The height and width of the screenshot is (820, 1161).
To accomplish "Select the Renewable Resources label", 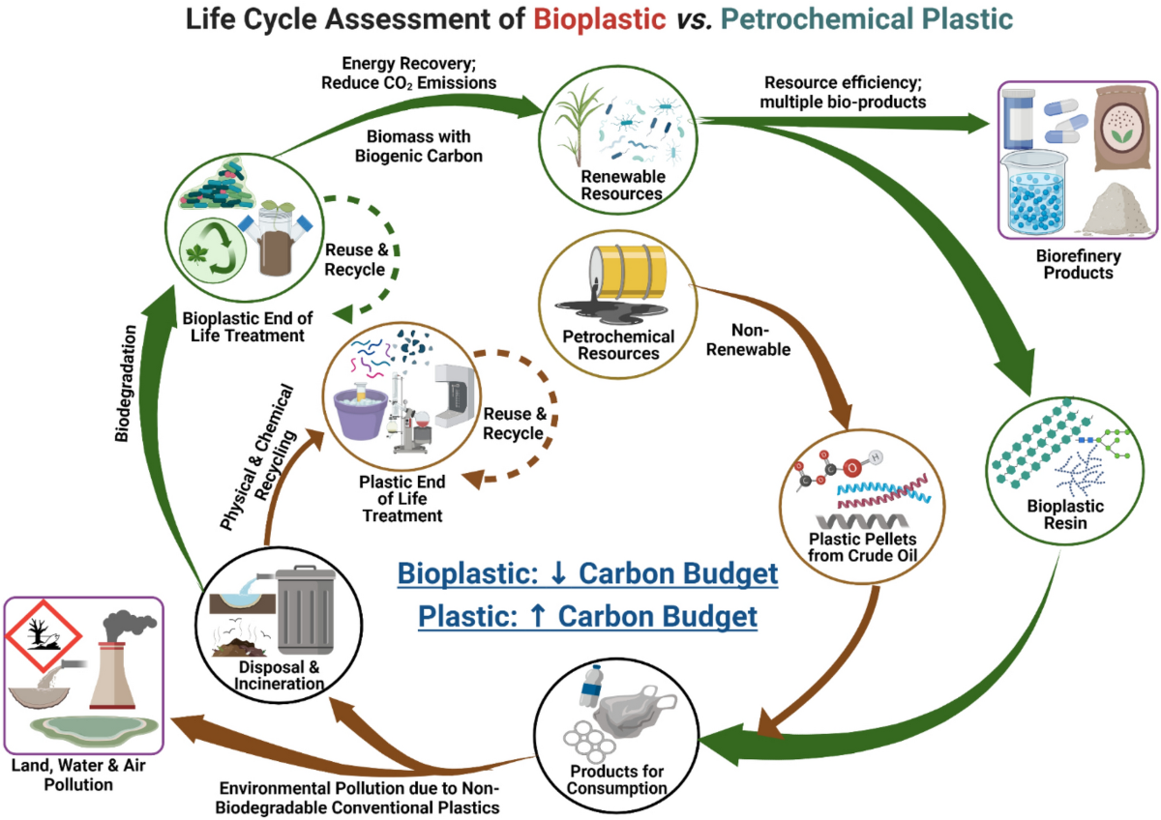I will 622,185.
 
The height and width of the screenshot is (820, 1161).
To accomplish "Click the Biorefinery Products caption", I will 1077,264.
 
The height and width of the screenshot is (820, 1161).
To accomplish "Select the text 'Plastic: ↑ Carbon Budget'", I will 587,616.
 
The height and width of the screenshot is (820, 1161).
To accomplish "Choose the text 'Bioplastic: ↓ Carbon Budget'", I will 587,574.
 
